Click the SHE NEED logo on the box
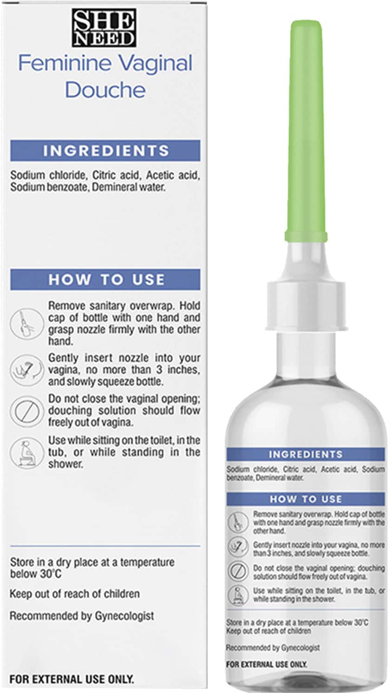click(x=104, y=28)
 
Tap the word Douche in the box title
click(x=105, y=90)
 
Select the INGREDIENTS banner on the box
click(x=105, y=151)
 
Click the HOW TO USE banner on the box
click(x=105, y=279)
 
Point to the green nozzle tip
click(x=306, y=130)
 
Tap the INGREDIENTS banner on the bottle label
click(x=305, y=454)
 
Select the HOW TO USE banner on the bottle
click(x=305, y=499)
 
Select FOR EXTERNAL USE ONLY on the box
click(x=72, y=679)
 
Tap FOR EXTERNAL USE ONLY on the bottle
click(x=266, y=665)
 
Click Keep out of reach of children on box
click(x=74, y=594)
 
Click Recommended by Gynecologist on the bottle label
click(x=273, y=648)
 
